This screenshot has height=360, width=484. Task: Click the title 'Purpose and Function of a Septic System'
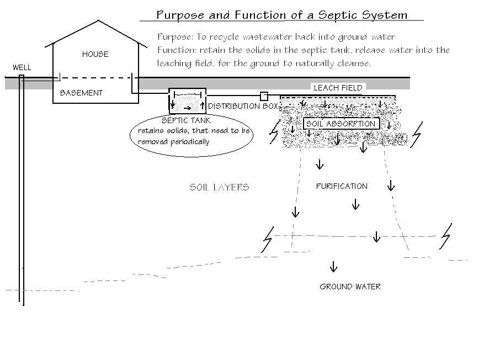(281, 14)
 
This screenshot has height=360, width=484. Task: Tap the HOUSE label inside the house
(95, 54)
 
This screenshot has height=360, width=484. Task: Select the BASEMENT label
(81, 93)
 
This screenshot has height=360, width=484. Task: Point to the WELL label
(22, 67)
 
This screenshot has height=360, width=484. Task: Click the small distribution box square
(264, 96)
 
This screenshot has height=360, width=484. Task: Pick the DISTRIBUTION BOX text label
(243, 106)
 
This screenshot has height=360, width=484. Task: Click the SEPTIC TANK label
(186, 120)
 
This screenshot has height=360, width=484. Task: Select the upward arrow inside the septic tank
(202, 105)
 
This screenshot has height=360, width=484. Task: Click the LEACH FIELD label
(338, 88)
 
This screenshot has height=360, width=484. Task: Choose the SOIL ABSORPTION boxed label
(341, 124)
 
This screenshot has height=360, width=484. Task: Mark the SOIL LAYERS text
(219, 187)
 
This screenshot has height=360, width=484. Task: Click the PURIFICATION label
(342, 186)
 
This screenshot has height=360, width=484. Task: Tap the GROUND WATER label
(350, 287)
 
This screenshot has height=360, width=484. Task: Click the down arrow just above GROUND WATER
(333, 267)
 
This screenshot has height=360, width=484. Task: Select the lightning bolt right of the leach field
(417, 133)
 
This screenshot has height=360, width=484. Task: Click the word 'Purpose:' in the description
(175, 37)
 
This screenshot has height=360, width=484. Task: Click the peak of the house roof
(98, 21)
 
